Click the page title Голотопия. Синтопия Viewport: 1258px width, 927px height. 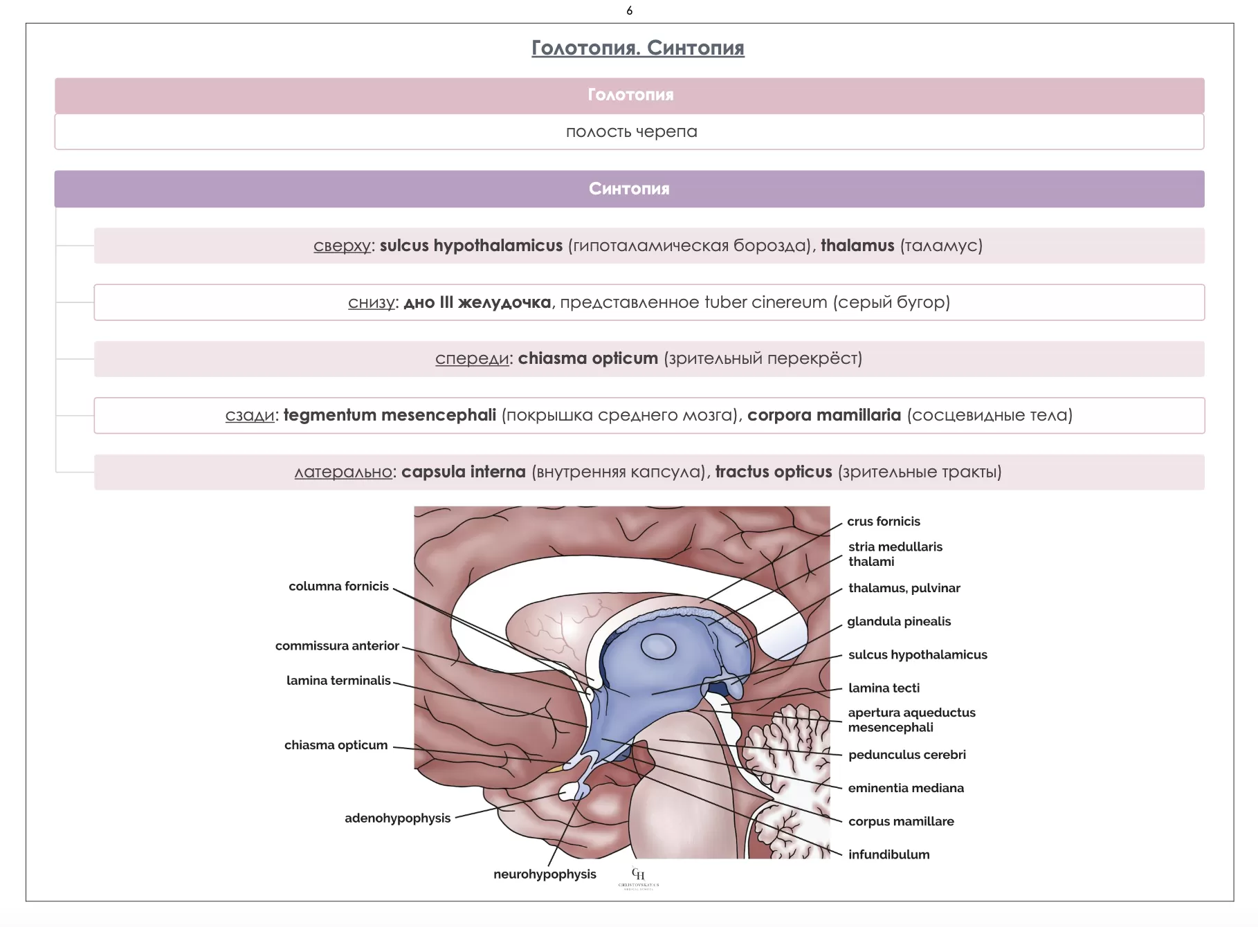pyautogui.click(x=637, y=48)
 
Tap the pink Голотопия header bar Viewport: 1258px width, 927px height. pyautogui.click(x=629, y=95)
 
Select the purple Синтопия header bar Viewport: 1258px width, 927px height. pyautogui.click(x=629, y=189)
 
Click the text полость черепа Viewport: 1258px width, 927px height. pyautogui.click(x=631, y=131)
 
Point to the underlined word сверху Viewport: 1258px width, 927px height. pyautogui.click(x=343, y=246)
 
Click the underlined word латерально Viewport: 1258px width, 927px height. pyautogui.click(x=343, y=472)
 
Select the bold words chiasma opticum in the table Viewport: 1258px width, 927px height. pyautogui.click(x=587, y=358)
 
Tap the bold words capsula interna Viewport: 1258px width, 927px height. pyautogui.click(x=463, y=472)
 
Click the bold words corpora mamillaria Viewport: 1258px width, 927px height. pyautogui.click(x=824, y=415)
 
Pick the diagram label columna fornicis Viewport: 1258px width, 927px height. pyautogui.click(x=338, y=586)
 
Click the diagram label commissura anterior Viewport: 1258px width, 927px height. pyautogui.click(x=337, y=645)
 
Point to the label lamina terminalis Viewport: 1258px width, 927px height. pyautogui.click(x=338, y=680)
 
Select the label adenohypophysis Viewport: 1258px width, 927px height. pyautogui.click(x=397, y=818)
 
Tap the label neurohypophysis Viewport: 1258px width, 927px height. pyautogui.click(x=545, y=874)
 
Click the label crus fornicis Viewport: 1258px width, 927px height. pyautogui.click(x=884, y=521)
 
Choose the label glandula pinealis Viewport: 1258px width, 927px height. pyautogui.click(x=899, y=621)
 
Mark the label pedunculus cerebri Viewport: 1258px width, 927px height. pyautogui.click(x=906, y=754)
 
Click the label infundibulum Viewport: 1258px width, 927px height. pyautogui.click(x=888, y=854)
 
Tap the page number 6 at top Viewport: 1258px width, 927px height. pyautogui.click(x=629, y=10)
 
